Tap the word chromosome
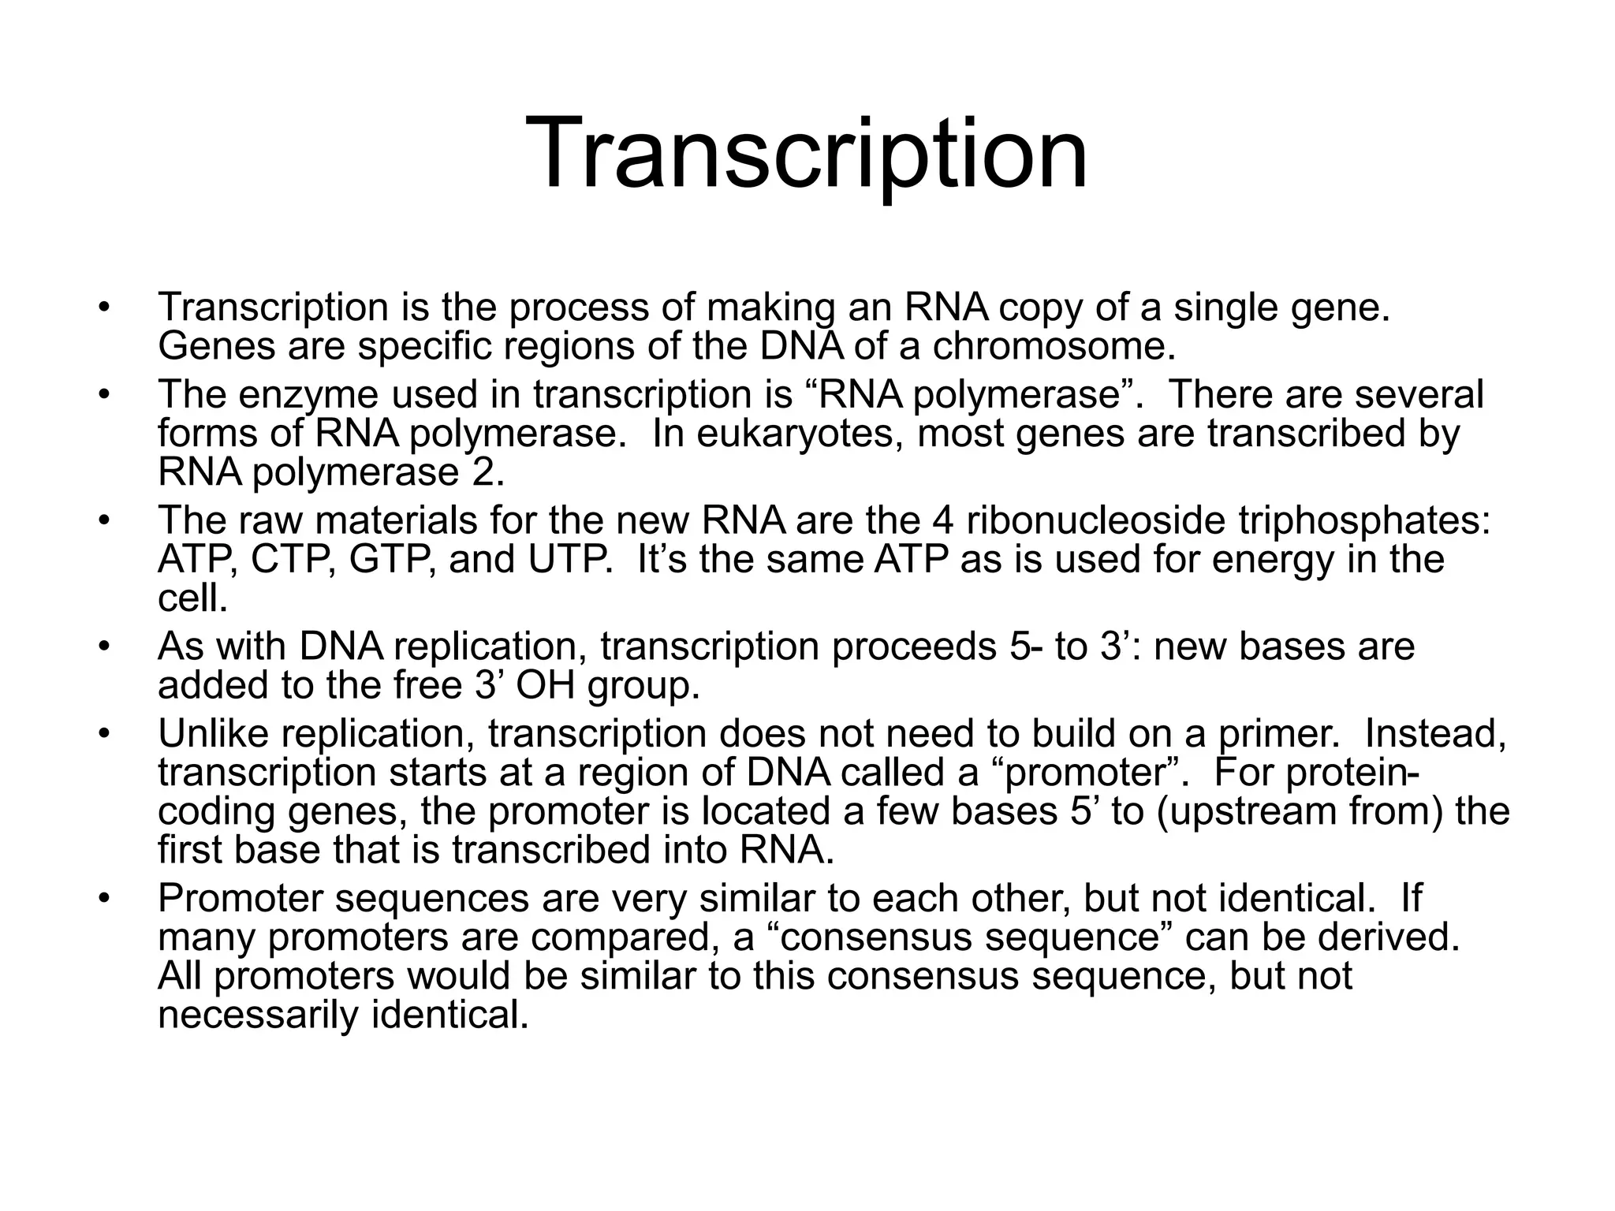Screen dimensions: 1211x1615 point(1054,346)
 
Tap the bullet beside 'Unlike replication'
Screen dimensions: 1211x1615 point(102,735)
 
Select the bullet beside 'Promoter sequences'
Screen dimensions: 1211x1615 point(102,900)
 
